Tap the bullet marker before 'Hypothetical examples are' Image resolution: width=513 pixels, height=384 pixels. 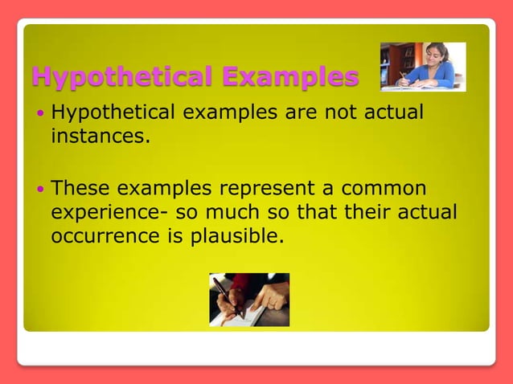click(x=41, y=113)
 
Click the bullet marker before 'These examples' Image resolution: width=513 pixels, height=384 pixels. click(x=41, y=190)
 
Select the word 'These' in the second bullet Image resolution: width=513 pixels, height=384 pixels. click(x=81, y=190)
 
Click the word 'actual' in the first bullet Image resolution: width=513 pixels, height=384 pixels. click(x=394, y=112)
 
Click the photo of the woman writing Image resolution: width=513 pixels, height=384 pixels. click(x=422, y=66)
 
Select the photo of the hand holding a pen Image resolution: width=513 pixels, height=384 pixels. click(x=249, y=299)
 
